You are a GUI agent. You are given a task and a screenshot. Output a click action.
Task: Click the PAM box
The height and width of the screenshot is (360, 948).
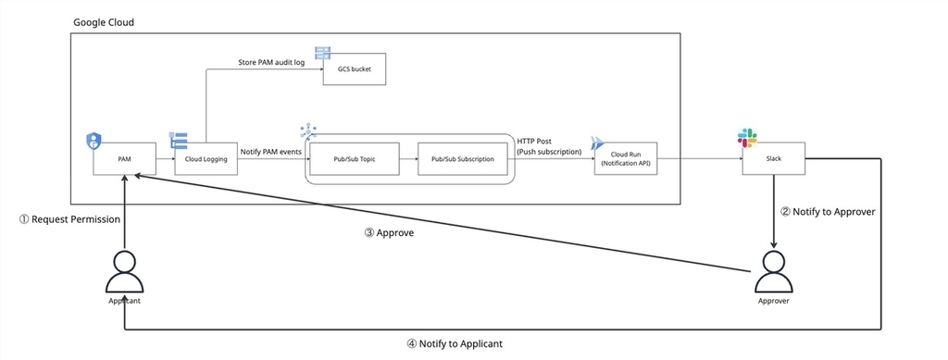click(x=125, y=159)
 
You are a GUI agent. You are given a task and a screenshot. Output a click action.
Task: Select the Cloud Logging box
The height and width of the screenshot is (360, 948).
click(x=206, y=159)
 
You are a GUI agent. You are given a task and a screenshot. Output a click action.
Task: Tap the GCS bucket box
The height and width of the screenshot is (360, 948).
click(x=355, y=68)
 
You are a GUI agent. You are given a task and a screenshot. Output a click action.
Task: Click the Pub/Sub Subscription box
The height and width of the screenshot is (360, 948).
click(x=463, y=159)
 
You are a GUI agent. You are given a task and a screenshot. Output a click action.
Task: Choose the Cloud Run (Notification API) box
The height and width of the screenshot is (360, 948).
click(x=625, y=159)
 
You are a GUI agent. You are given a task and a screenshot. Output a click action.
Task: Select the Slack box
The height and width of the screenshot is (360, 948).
click(x=774, y=159)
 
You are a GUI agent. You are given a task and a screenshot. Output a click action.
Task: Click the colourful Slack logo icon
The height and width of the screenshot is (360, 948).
click(x=747, y=138)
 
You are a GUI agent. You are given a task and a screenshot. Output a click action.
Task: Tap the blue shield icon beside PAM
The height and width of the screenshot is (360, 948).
click(x=94, y=142)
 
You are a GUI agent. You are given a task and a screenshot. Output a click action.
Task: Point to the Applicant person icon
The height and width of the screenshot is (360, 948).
click(x=125, y=272)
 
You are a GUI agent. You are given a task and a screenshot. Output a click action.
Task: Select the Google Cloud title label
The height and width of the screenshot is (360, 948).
click(x=104, y=22)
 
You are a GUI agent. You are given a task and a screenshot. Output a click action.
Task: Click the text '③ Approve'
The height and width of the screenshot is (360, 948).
click(x=390, y=232)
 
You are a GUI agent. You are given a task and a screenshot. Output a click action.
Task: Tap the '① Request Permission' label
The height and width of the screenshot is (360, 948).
click(x=70, y=219)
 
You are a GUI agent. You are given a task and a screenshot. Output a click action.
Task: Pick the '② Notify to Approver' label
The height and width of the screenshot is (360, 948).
click(x=829, y=212)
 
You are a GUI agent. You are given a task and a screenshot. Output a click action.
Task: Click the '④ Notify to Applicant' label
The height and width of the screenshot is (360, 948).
click(x=455, y=343)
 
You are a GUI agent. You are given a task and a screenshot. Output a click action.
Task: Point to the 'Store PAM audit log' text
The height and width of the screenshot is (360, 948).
click(x=269, y=62)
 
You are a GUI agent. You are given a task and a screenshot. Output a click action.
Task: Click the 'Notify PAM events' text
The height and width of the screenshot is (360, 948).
click(x=271, y=152)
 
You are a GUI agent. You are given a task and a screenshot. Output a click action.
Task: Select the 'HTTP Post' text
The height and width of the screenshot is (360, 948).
click(x=534, y=141)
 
